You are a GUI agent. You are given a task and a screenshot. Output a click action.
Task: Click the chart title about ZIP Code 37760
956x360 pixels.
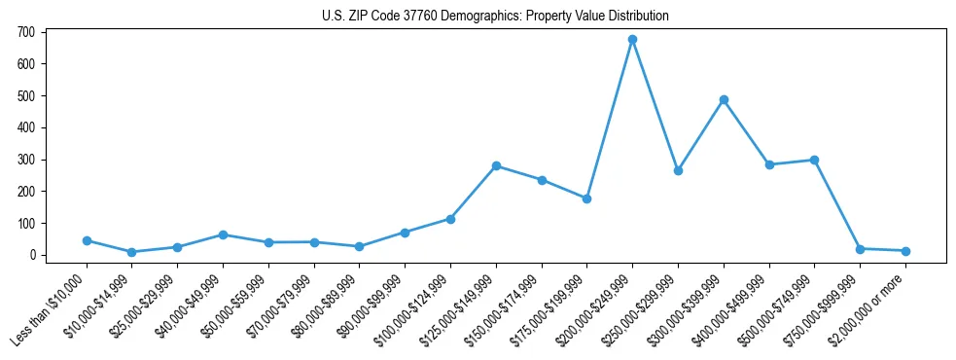[x=495, y=17]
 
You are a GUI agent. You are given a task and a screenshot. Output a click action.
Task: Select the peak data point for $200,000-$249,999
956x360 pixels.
[x=632, y=40]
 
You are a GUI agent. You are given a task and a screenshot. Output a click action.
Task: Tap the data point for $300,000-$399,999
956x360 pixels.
[x=724, y=99]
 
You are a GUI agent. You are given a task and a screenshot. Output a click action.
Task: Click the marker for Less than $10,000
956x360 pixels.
[x=87, y=240]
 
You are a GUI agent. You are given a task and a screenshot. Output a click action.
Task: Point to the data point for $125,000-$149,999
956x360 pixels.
[x=496, y=165]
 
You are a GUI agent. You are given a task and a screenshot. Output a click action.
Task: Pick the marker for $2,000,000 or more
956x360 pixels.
[x=905, y=251]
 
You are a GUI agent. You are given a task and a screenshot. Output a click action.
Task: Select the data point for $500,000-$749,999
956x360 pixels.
[x=814, y=160]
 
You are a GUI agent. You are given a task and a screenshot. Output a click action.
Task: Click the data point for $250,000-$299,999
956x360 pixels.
[x=678, y=170]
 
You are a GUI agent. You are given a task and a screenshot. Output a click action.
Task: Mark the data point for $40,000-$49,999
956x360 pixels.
[x=223, y=234]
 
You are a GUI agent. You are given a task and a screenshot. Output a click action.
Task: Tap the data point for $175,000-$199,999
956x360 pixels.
[x=586, y=198]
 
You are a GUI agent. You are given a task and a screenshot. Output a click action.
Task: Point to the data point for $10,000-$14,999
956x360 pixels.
[x=132, y=252]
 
